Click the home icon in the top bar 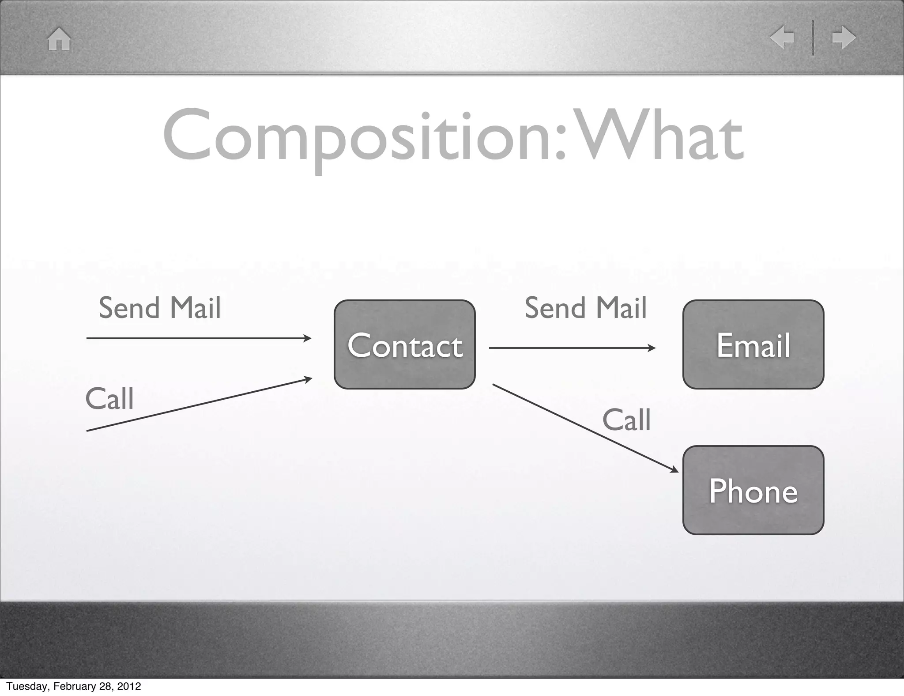point(59,39)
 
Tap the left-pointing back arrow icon point(782,38)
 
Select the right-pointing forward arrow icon point(844,38)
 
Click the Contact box point(404,344)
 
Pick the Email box point(753,344)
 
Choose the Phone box point(753,490)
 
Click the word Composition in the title point(358,137)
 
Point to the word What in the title point(658,137)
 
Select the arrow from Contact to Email point(572,348)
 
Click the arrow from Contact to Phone point(585,427)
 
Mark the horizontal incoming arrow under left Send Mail point(199,338)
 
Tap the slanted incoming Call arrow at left point(199,405)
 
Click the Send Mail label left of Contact point(159,308)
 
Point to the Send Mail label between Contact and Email point(585,308)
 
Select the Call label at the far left point(109,399)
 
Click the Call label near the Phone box point(626,420)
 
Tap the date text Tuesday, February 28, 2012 point(73,686)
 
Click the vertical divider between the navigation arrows point(813,38)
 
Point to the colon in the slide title point(560,141)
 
